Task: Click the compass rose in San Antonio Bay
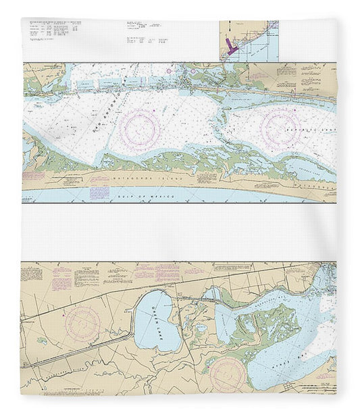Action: click(141, 128)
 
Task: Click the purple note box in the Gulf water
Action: click(99, 193)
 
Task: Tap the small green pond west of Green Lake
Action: click(42, 341)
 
